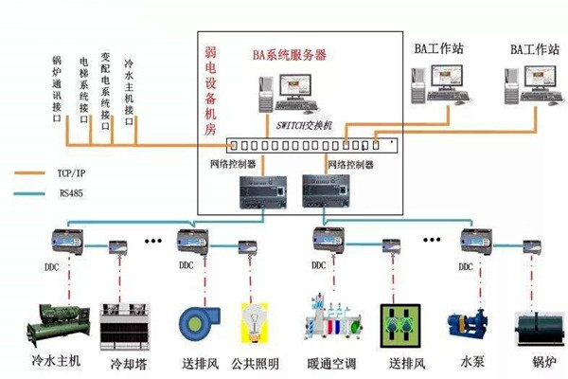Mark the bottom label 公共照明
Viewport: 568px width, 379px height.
tap(256, 364)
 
